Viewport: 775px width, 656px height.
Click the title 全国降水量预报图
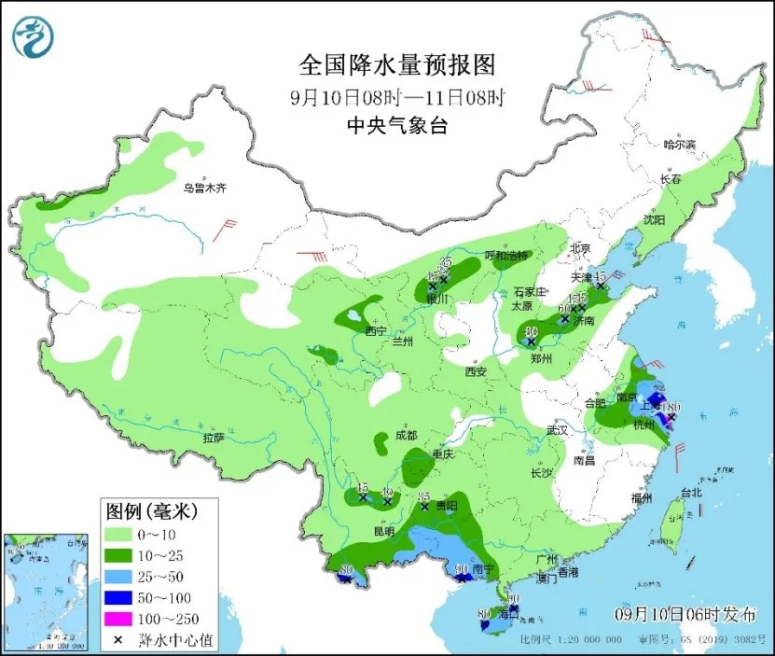[395, 64]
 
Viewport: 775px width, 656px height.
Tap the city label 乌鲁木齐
[204, 188]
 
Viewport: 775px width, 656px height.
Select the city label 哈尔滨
[679, 145]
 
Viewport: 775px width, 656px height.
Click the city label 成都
[405, 435]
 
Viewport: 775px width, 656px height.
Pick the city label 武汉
[558, 431]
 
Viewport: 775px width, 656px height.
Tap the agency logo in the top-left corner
[33, 35]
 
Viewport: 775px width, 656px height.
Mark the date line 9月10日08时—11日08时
[396, 96]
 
